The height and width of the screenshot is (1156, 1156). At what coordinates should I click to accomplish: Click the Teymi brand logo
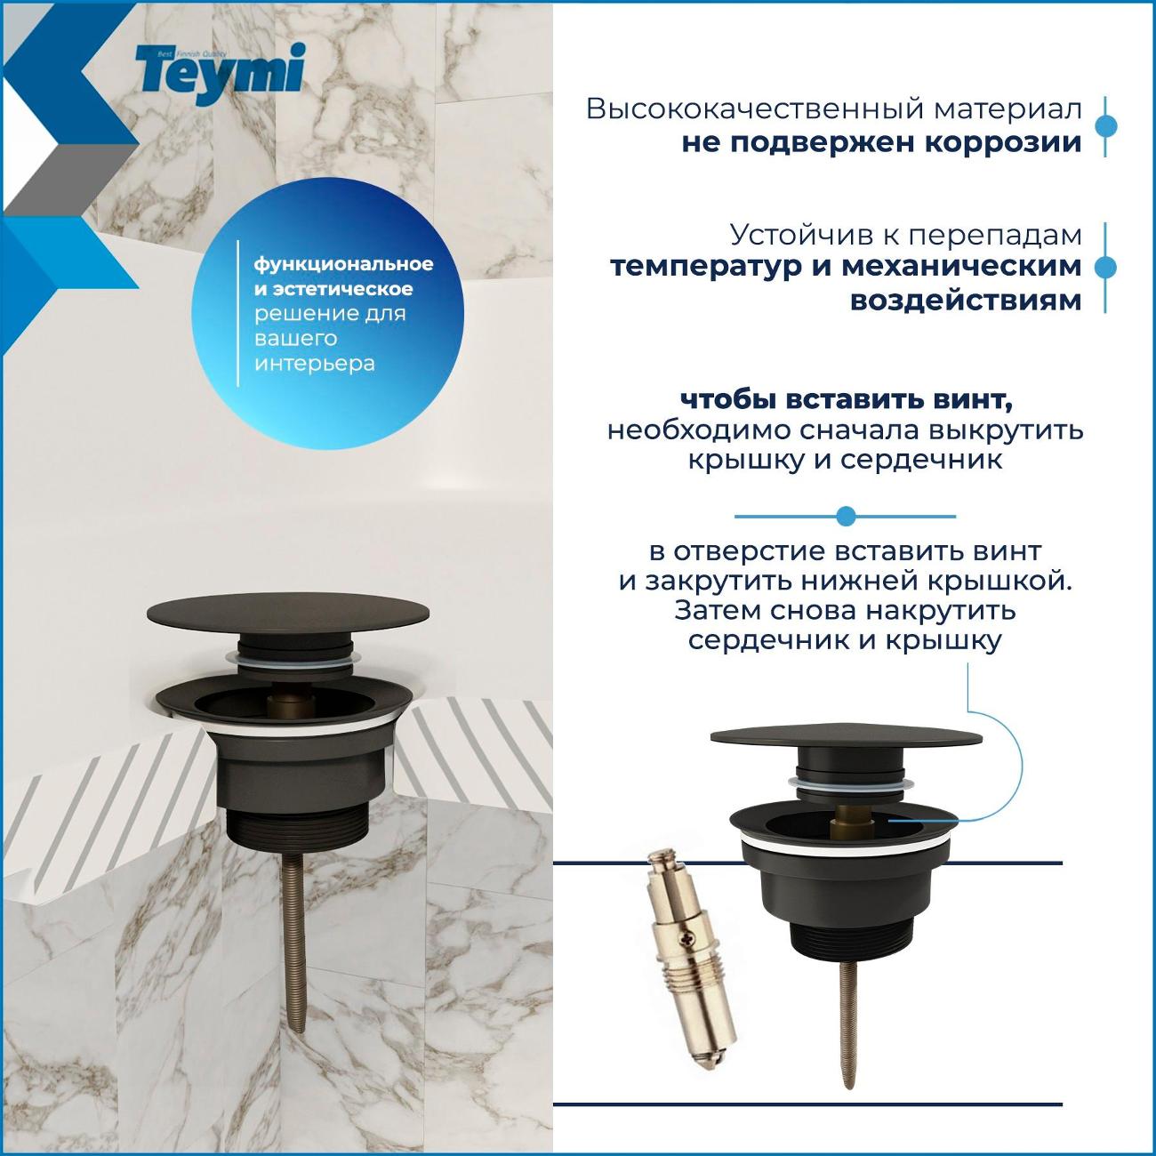pyautogui.click(x=221, y=73)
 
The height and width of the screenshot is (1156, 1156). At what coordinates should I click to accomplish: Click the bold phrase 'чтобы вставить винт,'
pyautogui.click(x=847, y=401)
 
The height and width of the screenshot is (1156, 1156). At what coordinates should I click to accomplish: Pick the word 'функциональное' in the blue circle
pyautogui.click(x=343, y=265)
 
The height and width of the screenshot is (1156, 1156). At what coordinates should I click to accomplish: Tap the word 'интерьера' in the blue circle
pyautogui.click(x=315, y=364)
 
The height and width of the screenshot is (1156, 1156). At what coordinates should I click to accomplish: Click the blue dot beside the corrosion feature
pyautogui.click(x=1105, y=126)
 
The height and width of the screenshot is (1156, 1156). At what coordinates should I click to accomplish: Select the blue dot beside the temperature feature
pyautogui.click(x=1105, y=268)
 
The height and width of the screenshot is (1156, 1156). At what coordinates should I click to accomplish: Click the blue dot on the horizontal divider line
pyautogui.click(x=846, y=516)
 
